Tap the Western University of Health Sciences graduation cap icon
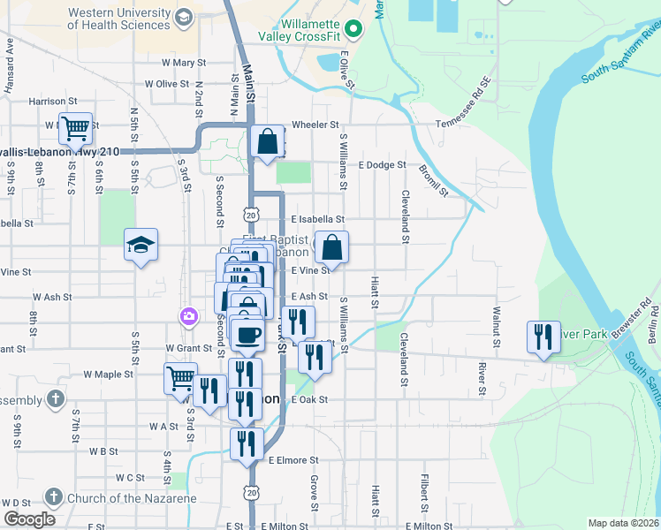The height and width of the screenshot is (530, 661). (184, 18)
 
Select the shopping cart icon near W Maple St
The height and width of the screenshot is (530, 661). (180, 378)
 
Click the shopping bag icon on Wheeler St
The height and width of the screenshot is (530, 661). (267, 141)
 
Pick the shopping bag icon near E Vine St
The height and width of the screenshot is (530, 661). (331, 247)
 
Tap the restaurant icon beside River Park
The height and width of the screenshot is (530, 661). (543, 337)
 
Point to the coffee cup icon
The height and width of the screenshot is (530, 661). (247, 333)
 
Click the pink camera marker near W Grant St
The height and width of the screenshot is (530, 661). (188, 315)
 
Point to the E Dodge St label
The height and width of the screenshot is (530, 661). (382, 164)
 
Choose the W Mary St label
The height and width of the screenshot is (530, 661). (183, 63)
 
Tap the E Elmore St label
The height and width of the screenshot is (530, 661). (293, 460)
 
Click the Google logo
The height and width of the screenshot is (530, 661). (28, 519)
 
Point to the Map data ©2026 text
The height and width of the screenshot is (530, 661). (623, 523)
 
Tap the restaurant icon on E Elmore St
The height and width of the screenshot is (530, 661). (247, 443)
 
